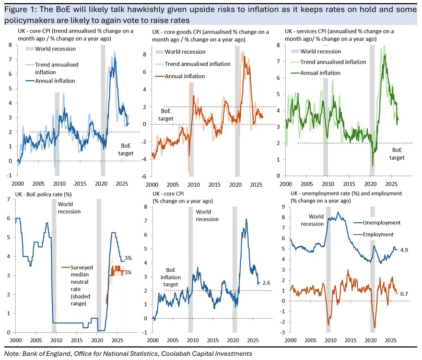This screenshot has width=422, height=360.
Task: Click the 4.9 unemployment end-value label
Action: click(404, 250)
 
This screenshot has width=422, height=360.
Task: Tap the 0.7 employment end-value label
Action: click(404, 294)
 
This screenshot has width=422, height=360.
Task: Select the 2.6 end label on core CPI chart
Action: click(266, 283)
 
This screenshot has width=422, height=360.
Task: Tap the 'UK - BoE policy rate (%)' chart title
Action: click(43, 194)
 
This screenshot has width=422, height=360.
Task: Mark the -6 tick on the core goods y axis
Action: click(144, 176)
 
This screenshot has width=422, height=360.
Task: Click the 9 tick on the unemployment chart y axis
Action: click(283, 207)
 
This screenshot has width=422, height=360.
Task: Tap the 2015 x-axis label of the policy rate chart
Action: click(77, 340)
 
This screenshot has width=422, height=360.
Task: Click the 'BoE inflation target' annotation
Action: click(171, 277)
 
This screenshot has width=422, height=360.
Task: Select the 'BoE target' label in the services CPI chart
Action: click(397, 154)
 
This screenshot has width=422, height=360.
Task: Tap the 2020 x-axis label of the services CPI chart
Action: click(370, 184)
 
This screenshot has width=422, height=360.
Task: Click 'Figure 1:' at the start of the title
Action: click(21, 10)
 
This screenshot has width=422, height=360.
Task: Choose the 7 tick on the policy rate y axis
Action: click(8, 199)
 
